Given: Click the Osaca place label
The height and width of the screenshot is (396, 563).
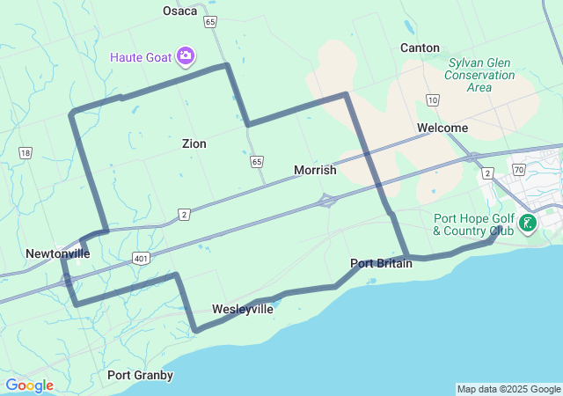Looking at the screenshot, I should tap(179, 11).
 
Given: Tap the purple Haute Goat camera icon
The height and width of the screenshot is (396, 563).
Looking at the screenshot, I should tap(186, 57).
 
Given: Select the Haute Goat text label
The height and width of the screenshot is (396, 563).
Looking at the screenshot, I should tap(141, 57).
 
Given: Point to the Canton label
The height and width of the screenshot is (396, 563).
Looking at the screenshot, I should tap(420, 48).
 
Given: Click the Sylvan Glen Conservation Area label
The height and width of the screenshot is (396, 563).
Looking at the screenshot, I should tap(480, 75).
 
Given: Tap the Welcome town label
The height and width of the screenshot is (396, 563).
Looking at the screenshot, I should tap(442, 128).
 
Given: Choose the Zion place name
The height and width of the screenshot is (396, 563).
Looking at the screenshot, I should tap(194, 143).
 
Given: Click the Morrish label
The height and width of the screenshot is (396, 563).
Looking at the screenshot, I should tap(315, 170).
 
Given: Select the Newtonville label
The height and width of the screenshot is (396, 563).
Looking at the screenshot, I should tap(57, 253).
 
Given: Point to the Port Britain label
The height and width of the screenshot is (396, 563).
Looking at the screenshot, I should tap(381, 263).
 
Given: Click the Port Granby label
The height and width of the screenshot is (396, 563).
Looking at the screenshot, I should tap(140, 375).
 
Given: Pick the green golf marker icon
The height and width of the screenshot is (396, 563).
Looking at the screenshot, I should tap(527, 223).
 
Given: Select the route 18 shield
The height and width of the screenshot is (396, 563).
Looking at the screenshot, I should tap(25, 153).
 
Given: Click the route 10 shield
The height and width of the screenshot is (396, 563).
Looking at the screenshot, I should tap(432, 100).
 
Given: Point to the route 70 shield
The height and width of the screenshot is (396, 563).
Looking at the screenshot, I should tap(518, 169).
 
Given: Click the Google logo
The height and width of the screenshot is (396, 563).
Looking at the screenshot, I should tap(29, 385).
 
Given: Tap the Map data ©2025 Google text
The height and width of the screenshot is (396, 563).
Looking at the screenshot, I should tap(508, 389).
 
